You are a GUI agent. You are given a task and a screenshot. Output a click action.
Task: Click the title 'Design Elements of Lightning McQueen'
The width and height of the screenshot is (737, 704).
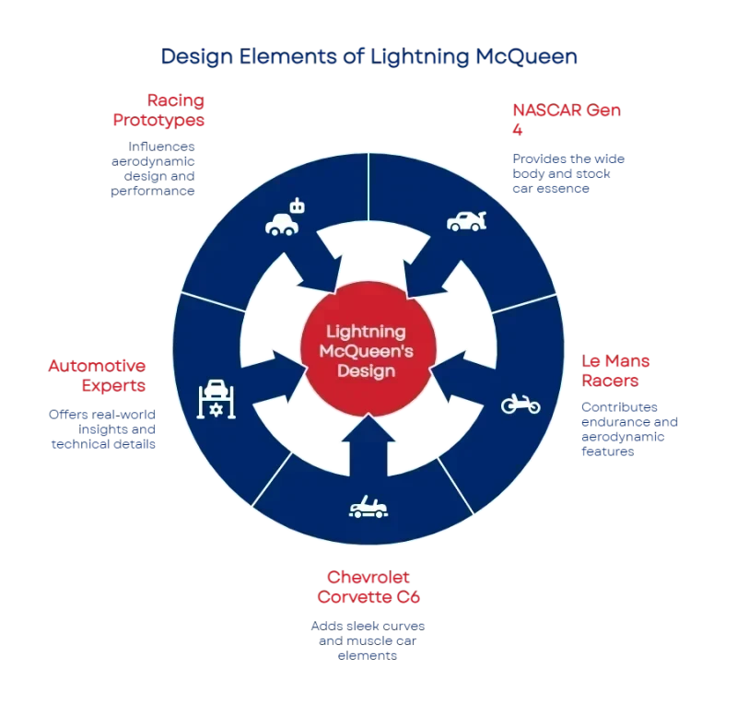tap(368, 57)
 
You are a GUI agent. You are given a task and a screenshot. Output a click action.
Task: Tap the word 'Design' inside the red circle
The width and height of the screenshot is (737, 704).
tap(367, 370)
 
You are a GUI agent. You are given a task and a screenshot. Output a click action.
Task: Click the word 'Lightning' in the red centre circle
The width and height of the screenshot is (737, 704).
tap(367, 332)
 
